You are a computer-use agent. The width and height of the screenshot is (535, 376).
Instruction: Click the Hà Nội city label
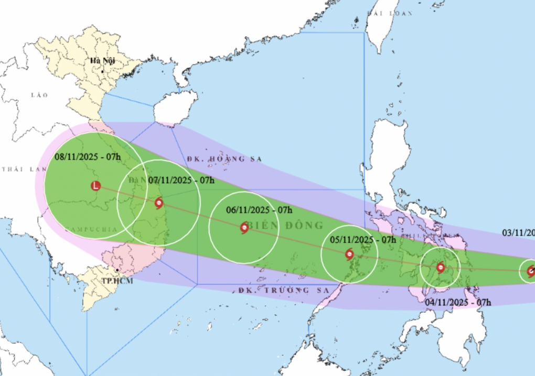103,61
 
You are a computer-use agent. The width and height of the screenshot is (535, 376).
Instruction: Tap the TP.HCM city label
117,281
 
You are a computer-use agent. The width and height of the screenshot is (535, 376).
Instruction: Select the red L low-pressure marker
95,186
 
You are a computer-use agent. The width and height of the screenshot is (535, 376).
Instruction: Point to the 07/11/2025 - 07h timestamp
181,180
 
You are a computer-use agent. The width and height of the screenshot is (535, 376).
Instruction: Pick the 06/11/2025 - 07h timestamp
259,210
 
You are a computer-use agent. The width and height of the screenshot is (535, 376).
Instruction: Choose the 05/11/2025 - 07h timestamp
363,239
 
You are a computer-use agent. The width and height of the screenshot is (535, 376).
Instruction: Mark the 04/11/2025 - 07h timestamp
458,302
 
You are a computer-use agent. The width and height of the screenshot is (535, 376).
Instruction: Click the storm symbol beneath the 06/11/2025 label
244,228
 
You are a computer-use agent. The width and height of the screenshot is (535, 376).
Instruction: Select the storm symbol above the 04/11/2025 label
441,267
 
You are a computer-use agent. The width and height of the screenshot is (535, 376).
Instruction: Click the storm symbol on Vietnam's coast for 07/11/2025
158,203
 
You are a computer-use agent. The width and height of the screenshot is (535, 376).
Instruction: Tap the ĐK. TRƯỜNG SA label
283,290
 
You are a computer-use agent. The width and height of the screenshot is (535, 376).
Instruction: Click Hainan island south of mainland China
175,108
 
